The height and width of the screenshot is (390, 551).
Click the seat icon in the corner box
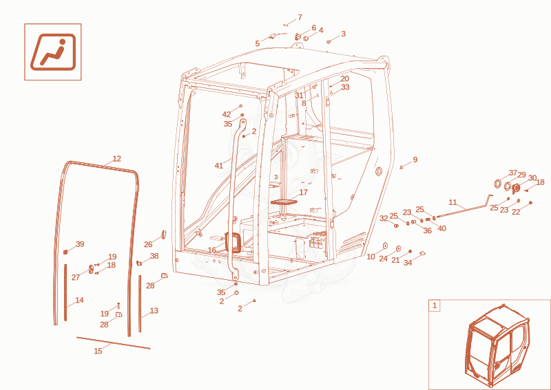(x=53, y=52)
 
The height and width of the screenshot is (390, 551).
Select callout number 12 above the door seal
(x=117, y=159)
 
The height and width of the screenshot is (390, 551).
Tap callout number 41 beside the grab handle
(x=219, y=166)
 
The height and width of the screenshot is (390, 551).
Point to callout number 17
(x=303, y=193)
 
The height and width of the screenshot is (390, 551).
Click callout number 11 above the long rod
(x=453, y=202)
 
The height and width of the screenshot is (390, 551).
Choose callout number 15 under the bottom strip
(x=98, y=351)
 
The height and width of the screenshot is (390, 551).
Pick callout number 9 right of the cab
(x=415, y=160)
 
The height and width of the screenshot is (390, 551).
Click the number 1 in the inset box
(x=435, y=305)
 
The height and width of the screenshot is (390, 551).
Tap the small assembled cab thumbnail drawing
(x=497, y=346)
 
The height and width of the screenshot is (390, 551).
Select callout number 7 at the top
(x=300, y=17)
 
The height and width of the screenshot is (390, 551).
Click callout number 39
(x=80, y=244)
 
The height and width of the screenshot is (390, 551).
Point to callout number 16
(x=212, y=250)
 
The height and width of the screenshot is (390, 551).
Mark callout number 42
(x=227, y=114)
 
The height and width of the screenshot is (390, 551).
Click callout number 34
(x=407, y=263)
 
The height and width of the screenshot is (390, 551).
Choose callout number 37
(x=513, y=173)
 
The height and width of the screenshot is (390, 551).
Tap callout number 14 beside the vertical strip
(x=79, y=300)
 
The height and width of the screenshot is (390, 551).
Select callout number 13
(x=154, y=311)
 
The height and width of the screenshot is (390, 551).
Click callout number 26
(x=148, y=244)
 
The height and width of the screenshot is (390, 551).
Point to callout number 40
(x=441, y=228)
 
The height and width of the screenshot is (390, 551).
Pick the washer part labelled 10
(x=385, y=246)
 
